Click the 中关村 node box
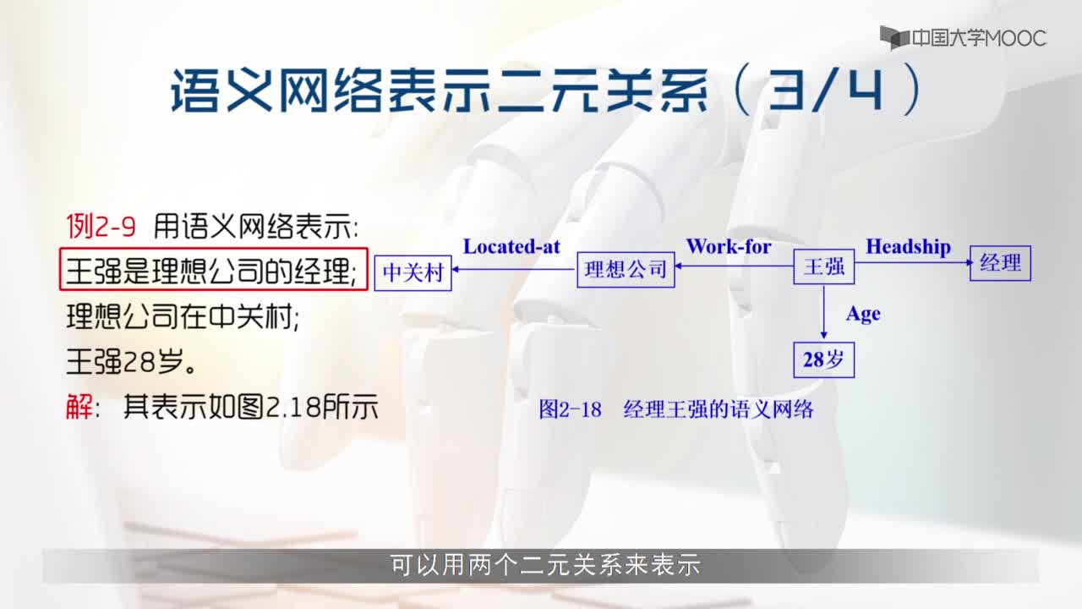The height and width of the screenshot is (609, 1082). [x=413, y=273]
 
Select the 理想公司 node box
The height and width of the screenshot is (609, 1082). [x=626, y=270]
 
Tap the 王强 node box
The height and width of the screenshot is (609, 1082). [x=823, y=266]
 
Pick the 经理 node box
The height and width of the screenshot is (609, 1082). [x=1000, y=263]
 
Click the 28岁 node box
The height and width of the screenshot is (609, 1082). [x=823, y=360]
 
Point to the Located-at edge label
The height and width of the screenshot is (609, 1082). [x=511, y=247]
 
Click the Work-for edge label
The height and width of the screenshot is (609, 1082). [x=729, y=246]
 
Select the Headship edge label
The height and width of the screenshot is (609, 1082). [x=908, y=247]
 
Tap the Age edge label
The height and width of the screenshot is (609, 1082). [x=863, y=315]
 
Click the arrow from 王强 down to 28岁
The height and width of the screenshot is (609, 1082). [x=823, y=312]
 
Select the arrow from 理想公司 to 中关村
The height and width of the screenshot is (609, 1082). [x=514, y=269]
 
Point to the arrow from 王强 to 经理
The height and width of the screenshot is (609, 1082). [x=913, y=262]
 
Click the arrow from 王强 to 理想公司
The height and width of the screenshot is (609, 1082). [x=735, y=266]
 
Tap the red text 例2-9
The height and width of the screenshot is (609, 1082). [x=101, y=226]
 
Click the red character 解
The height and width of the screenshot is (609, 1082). [x=79, y=407]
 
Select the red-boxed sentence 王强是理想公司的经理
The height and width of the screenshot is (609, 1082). [x=210, y=271]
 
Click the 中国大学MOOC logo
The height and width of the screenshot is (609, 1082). [x=963, y=38]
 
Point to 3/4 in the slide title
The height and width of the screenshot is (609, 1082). [x=825, y=90]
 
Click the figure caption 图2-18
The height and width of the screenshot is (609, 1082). [x=570, y=409]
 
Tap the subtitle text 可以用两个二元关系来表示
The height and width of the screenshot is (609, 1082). [x=545, y=565]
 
